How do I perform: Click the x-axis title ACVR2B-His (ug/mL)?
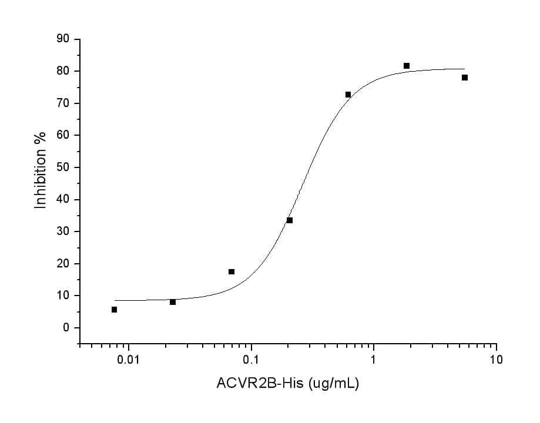tap(288, 384)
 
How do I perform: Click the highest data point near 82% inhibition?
tap(407, 66)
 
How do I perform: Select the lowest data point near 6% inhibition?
tap(114, 310)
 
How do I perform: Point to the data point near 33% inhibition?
tap(290, 220)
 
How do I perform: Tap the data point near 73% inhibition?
tap(348, 95)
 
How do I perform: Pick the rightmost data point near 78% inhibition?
tap(465, 78)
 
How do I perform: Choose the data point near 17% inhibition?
tap(232, 271)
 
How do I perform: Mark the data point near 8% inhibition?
tap(173, 302)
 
